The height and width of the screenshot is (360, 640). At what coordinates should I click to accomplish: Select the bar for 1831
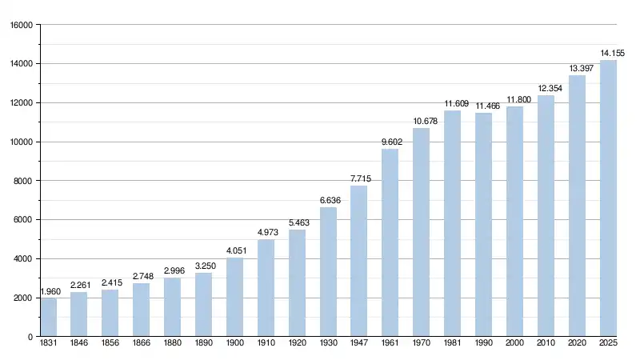click(48, 317)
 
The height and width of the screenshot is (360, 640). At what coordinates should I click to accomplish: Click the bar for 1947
click(359, 261)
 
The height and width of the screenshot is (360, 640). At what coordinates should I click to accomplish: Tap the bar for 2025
click(609, 198)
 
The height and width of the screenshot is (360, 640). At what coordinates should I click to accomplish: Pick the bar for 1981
click(453, 223)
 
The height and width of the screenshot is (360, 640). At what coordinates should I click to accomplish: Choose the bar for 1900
click(234, 297)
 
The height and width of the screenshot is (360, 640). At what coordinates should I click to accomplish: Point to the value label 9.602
click(390, 142)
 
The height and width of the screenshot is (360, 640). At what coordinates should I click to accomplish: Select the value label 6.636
click(328, 200)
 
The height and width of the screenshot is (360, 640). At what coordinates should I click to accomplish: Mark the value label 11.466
click(484, 106)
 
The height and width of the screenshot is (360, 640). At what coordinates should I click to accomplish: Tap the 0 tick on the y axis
click(30, 337)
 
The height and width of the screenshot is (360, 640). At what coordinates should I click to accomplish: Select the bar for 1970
click(422, 232)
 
